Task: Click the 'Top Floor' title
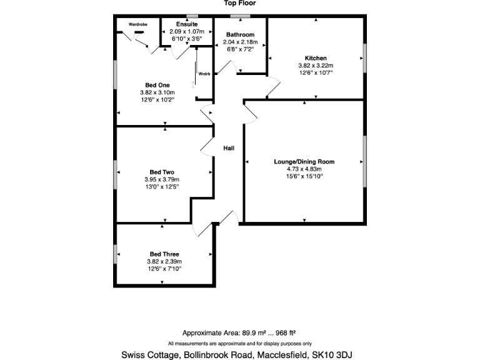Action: click(240, 3)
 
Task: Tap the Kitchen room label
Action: click(316, 58)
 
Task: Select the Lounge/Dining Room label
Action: click(304, 161)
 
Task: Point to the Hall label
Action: click(229, 148)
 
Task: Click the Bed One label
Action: click(157, 85)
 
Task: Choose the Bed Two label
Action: click(162, 172)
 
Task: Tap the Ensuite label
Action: click(187, 24)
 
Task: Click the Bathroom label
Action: click(241, 35)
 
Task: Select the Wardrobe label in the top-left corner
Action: click(137, 24)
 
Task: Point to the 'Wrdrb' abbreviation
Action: click(204, 74)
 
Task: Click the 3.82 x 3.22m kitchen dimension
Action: click(316, 66)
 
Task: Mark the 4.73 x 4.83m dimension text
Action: click(304, 169)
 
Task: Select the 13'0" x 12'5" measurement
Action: click(162, 187)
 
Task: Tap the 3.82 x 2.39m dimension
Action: click(164, 261)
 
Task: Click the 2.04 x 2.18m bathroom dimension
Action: click(241, 42)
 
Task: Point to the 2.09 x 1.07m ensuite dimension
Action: click(187, 31)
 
